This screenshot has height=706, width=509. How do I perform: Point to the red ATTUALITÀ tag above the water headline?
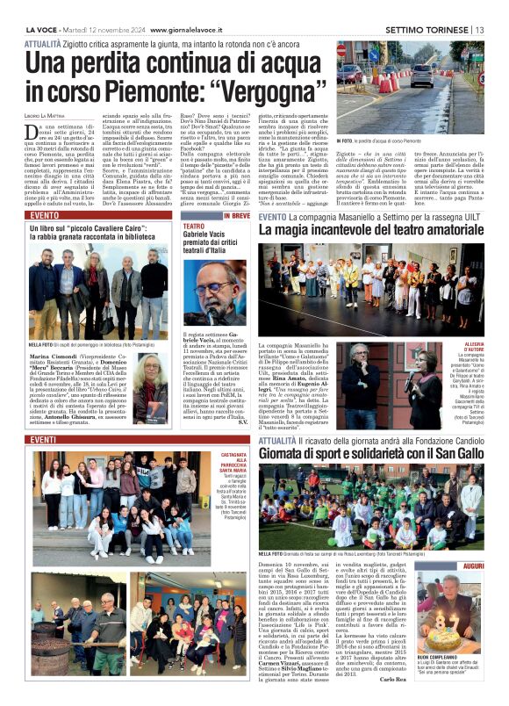(x=43, y=43)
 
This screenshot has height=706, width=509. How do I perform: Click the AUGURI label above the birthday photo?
(x=472, y=567)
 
